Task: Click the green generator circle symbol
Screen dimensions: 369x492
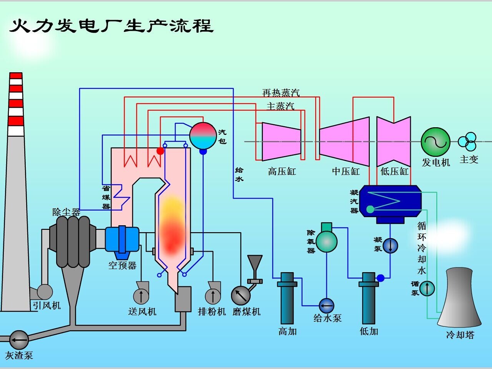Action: coord(435,142)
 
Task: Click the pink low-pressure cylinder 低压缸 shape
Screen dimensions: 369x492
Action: coord(394,142)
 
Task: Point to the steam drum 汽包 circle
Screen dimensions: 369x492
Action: coord(203,136)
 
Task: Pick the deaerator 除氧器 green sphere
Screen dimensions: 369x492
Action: coord(326,241)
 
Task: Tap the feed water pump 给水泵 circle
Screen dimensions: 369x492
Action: coord(327,306)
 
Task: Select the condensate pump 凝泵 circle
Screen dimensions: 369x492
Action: coord(391,246)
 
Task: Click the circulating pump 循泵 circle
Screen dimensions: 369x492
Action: coord(427,288)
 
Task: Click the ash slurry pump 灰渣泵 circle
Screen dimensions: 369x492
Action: coord(18,339)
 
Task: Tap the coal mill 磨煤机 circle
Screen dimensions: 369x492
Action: coord(241,296)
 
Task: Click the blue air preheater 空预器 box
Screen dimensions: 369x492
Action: coord(122,239)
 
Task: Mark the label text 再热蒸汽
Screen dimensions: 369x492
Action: coord(281,93)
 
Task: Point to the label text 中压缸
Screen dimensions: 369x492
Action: coord(346,171)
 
